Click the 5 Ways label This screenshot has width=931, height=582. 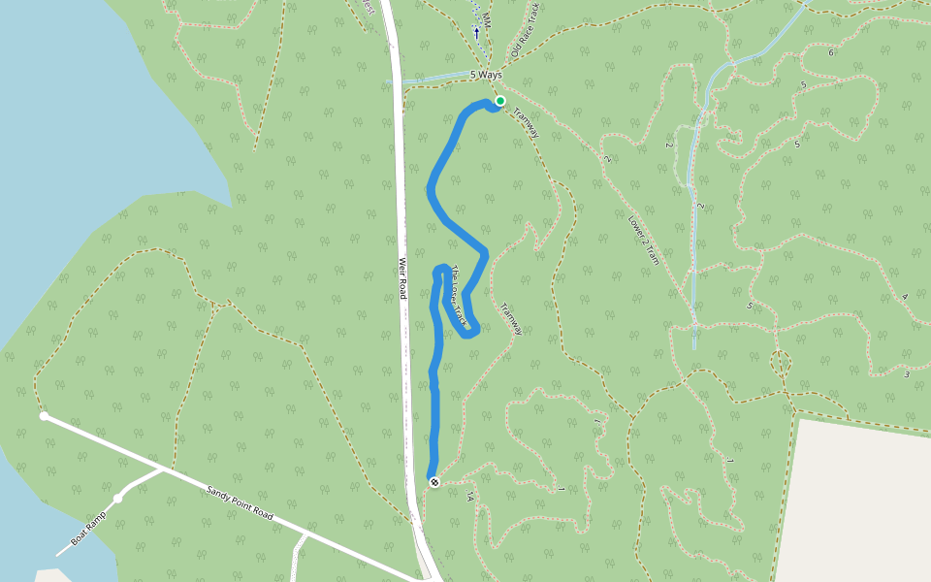point(487,75)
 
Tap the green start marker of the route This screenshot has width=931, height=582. point(500,101)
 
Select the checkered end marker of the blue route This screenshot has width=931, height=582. point(433,482)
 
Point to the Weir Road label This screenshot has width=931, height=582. point(401,277)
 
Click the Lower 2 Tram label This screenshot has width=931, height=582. point(644,239)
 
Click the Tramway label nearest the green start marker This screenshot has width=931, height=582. point(526,123)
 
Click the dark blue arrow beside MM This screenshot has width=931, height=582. point(476,32)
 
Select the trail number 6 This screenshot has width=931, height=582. point(831,51)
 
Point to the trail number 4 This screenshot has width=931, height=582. point(904,296)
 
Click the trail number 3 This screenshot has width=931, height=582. point(907,374)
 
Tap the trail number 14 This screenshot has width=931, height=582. point(469,497)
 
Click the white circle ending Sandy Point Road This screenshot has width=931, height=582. point(44,416)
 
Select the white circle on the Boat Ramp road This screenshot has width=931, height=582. point(117,499)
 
